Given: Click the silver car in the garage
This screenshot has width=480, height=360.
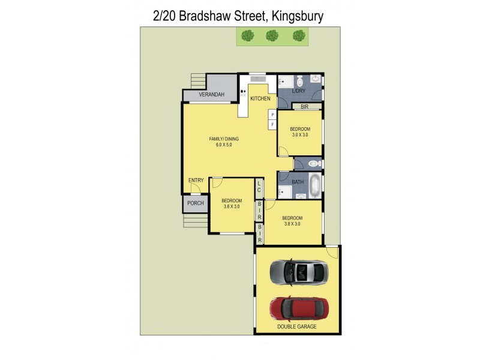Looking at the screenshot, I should click(298, 272).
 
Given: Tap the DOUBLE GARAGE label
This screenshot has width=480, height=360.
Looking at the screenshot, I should click(297, 327).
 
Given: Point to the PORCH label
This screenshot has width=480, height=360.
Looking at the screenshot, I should click(196, 203).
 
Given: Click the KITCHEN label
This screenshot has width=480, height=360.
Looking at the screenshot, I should click(260, 98).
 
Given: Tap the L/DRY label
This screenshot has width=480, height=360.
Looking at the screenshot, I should click(299, 91).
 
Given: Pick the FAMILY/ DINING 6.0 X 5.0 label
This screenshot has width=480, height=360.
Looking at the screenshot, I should click(220, 142).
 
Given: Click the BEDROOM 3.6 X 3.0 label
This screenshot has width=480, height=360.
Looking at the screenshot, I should click(231, 203).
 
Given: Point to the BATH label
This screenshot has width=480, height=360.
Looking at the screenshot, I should click(298, 182).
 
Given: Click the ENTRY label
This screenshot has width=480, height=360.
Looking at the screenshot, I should click(196, 181).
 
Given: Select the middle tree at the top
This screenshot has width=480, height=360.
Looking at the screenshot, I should click(272, 36).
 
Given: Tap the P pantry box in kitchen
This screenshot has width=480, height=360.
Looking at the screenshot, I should click(272, 114).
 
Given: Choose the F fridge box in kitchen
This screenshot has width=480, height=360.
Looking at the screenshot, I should click(272, 124).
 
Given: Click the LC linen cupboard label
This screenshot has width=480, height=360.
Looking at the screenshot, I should click(259, 187).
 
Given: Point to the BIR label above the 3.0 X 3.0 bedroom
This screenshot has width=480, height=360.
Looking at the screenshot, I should click(304, 106).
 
